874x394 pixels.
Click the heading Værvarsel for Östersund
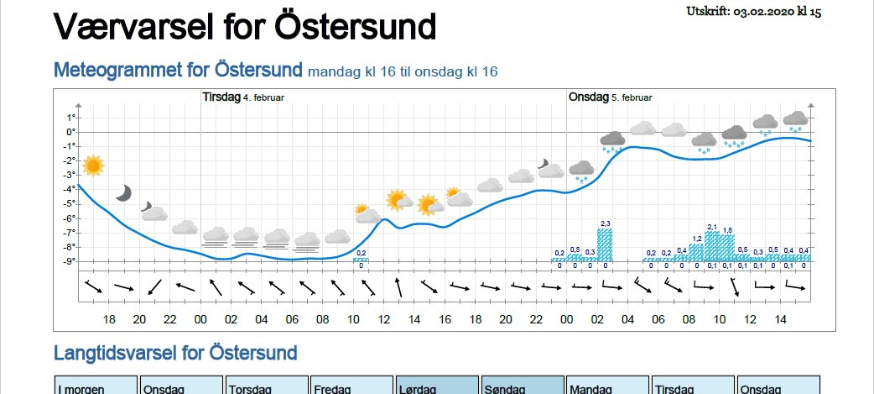coord(245,27)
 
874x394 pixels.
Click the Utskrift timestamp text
coord(752,12)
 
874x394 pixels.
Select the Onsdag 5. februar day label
coord(610,97)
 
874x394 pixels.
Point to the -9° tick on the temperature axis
coord(71,261)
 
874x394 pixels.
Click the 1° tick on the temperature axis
coord(72,118)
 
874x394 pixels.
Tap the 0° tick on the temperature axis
coord(72,132)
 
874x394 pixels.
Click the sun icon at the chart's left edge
coord(92,165)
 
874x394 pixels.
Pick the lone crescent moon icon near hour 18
coord(123,192)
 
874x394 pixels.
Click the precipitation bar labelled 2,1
coord(712,246)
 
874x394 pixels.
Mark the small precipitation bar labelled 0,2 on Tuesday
coord(361,260)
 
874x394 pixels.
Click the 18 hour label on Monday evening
coord(109,319)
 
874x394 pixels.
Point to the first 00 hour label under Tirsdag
coord(200,319)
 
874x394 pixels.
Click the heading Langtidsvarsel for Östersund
coord(174,352)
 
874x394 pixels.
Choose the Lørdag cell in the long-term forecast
coord(435,387)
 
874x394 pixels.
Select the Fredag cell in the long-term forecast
coord(351,387)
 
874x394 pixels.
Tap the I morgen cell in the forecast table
coord(95,387)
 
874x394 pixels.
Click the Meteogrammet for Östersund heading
coord(178,71)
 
